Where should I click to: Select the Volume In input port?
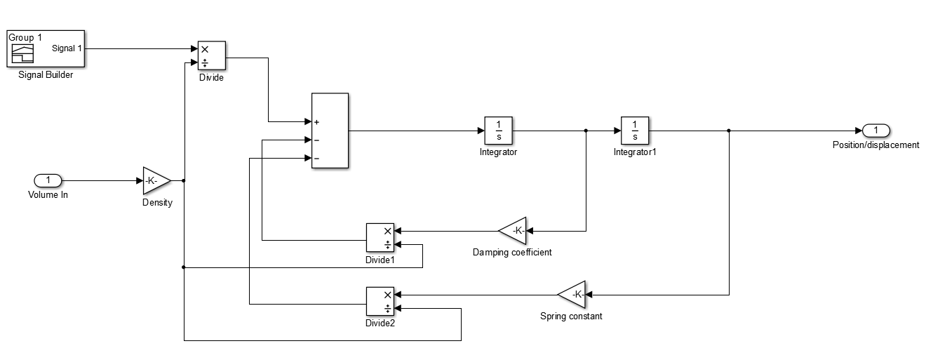(x=48, y=180)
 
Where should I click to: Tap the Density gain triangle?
(x=155, y=180)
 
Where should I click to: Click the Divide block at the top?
(x=211, y=56)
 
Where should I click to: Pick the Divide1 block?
(x=380, y=237)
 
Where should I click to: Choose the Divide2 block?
(x=380, y=301)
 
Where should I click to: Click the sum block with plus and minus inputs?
(x=330, y=131)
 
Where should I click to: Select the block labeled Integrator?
(x=498, y=131)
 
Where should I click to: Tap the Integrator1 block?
(x=634, y=131)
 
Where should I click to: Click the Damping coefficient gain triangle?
(x=514, y=230)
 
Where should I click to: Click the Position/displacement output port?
(x=875, y=131)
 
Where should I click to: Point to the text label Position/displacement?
(x=875, y=145)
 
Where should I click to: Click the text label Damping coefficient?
(x=511, y=252)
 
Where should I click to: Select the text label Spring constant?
(x=571, y=316)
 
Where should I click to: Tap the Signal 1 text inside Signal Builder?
(x=67, y=48)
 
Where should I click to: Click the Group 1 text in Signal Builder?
(x=25, y=37)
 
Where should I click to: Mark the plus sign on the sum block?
(x=317, y=122)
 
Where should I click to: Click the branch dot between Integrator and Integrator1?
(x=586, y=131)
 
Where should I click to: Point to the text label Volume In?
(x=48, y=195)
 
